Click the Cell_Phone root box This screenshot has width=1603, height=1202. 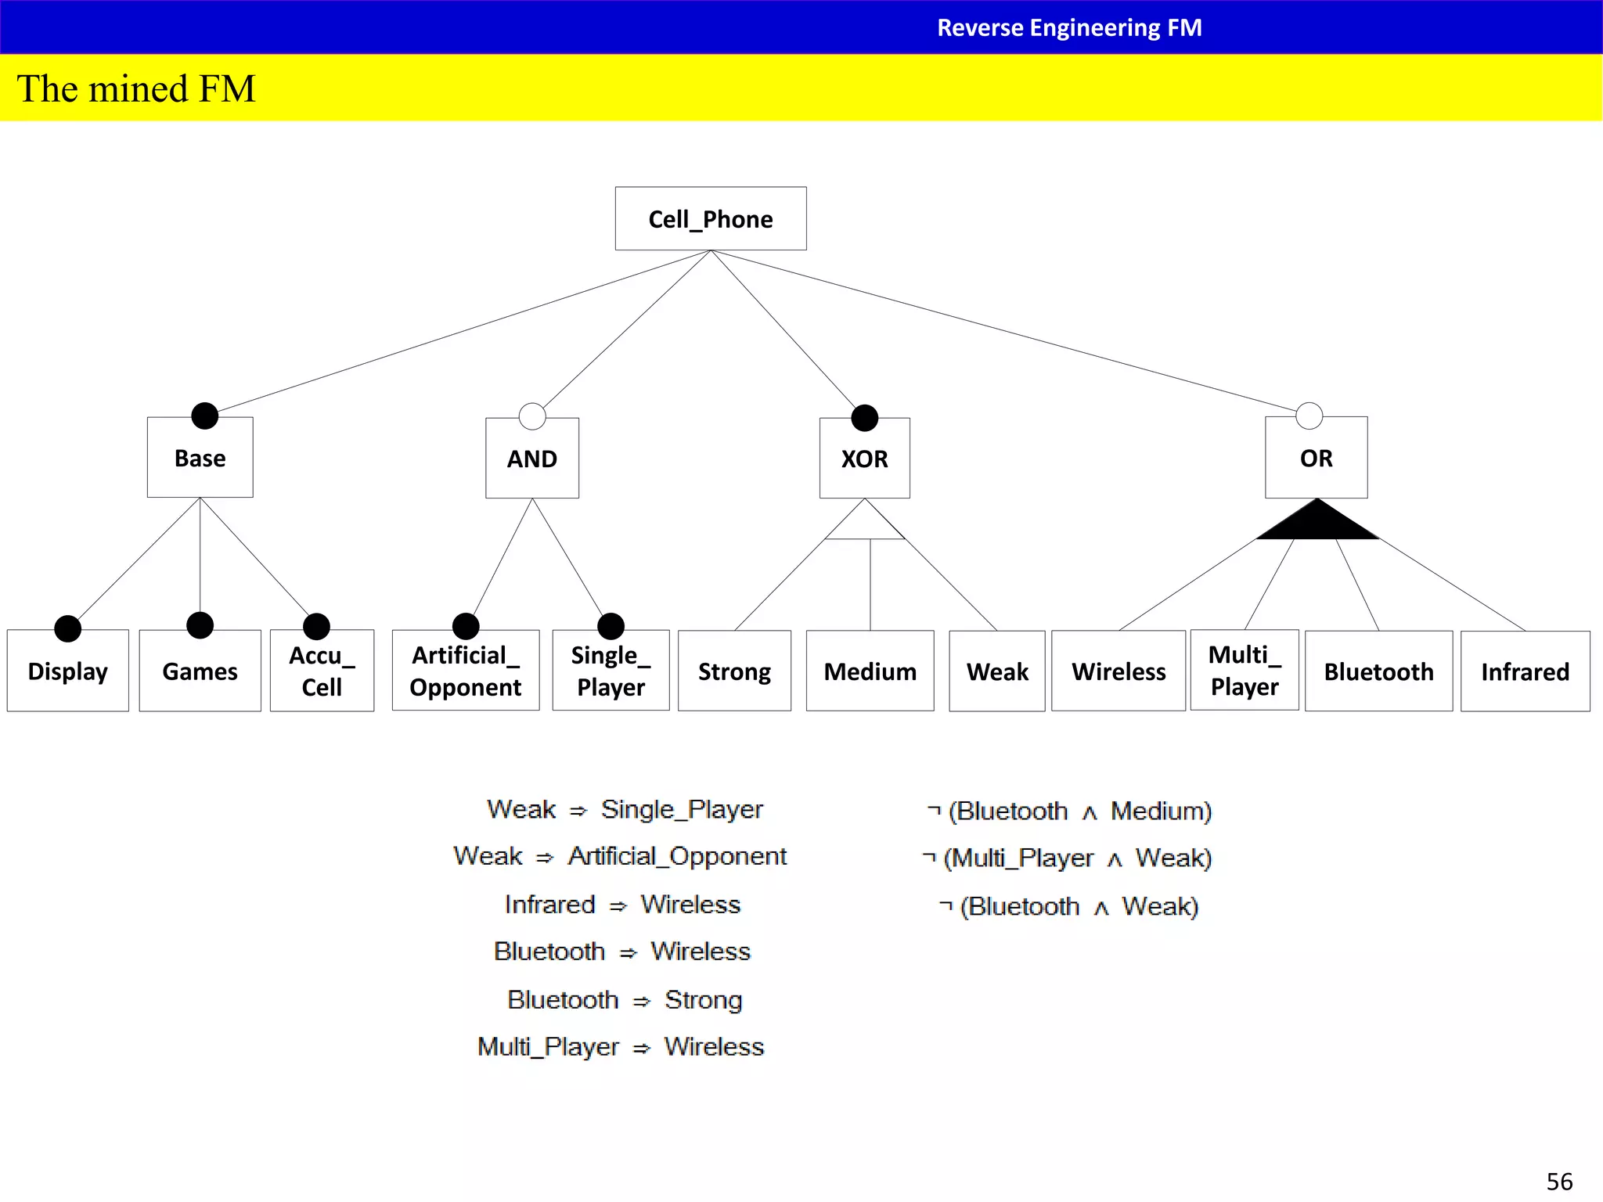(711, 218)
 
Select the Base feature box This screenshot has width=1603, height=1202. (200, 458)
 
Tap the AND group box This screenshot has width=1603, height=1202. (532, 459)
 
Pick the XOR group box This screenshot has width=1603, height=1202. (864, 459)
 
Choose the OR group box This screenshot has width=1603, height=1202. (1316, 458)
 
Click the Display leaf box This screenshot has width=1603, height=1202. (68, 671)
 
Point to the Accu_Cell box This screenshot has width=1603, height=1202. (322, 671)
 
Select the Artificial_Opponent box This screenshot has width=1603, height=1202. (466, 671)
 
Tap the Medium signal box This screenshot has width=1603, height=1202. (870, 671)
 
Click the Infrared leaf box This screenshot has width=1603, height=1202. (1525, 671)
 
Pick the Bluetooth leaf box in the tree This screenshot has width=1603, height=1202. (1378, 671)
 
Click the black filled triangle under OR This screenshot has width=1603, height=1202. (1317, 523)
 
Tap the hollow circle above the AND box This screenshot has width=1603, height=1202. (532, 416)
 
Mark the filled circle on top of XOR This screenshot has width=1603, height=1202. (864, 418)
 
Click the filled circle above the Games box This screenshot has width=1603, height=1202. (200, 625)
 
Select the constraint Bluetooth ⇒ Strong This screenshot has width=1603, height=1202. (625, 999)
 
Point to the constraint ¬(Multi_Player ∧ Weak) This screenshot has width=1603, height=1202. (1068, 858)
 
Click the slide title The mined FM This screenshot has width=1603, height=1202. (136, 88)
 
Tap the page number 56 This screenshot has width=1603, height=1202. (1559, 1181)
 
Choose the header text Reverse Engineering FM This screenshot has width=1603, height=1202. (1069, 27)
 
